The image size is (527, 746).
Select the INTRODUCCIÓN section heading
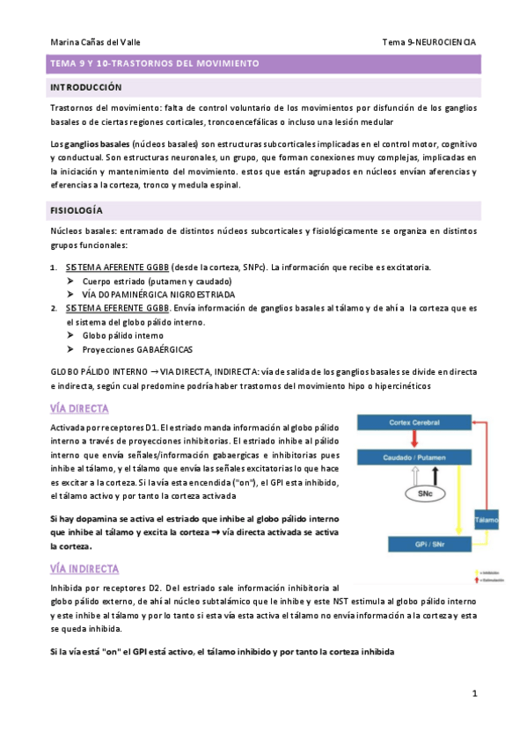(85, 88)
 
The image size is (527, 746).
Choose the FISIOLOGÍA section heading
(77, 211)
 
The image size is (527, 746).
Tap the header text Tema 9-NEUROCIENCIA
(429, 41)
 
